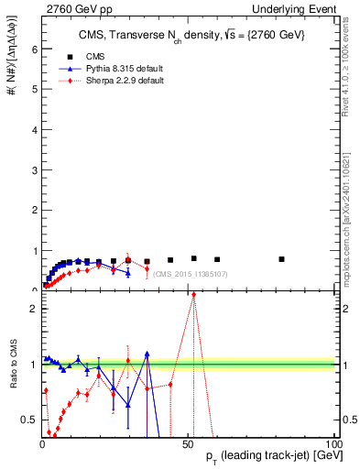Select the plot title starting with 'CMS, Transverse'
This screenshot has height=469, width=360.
[191, 35]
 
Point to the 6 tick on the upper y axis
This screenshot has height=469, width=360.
[33, 49]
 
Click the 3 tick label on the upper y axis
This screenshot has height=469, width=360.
[33, 170]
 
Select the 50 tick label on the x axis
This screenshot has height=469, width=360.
[188, 444]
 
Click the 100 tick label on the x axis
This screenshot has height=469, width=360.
[333, 444]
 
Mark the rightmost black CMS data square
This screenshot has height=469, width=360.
[281, 259]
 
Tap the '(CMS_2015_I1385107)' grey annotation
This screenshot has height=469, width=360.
[190, 274]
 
